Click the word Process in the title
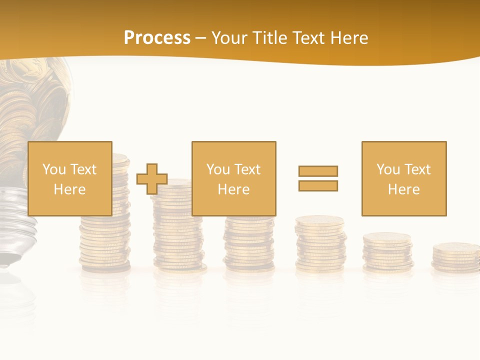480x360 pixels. point(157,38)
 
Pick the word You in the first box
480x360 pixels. point(53,169)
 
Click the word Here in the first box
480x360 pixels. point(69,189)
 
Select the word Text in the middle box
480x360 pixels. point(247,169)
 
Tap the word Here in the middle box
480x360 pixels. point(233,189)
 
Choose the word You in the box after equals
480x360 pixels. point(387,169)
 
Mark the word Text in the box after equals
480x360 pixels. point(417,169)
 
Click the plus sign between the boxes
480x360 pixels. point(152,179)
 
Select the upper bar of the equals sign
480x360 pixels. point(318,171)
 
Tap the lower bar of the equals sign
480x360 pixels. point(318,185)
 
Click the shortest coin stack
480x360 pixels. point(455,256)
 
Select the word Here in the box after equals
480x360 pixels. point(403,189)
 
